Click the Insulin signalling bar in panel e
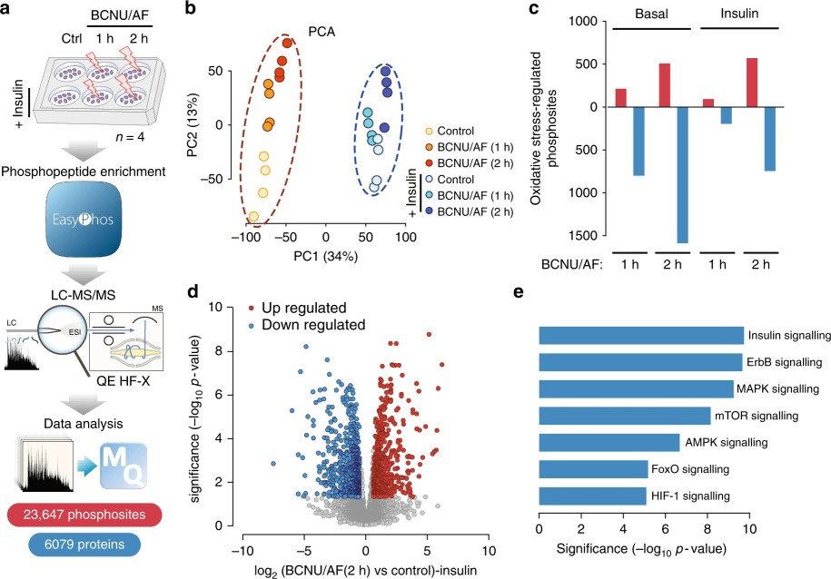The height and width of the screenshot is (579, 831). pyautogui.click(x=641, y=335)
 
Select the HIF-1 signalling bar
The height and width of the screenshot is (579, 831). pyautogui.click(x=592, y=496)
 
